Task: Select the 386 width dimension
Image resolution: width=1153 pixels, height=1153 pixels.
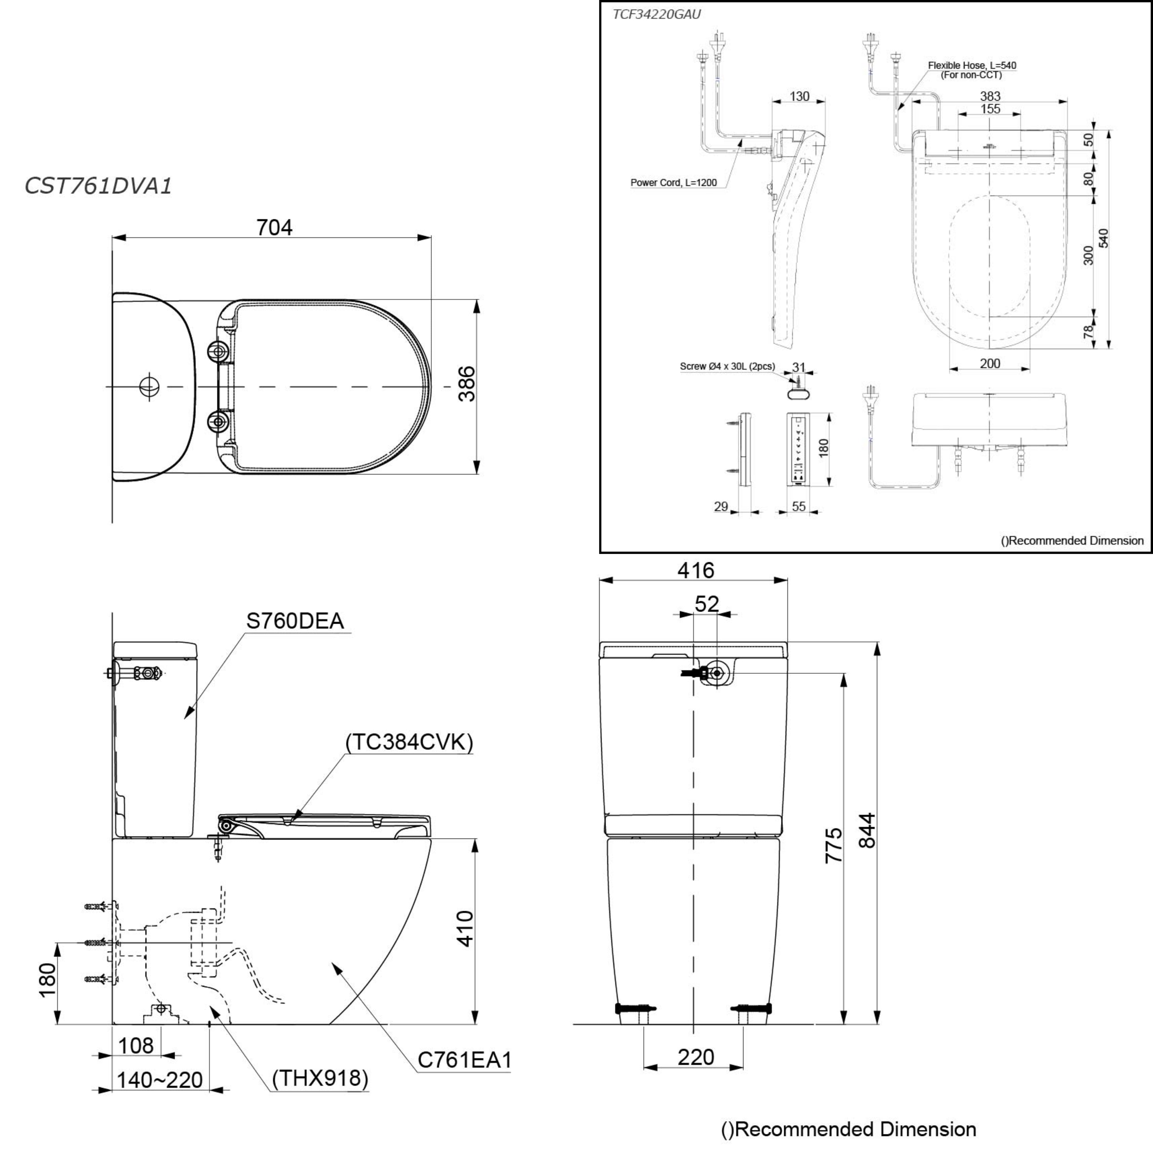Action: coord(467,384)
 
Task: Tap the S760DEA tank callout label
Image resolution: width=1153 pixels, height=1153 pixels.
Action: coord(295,621)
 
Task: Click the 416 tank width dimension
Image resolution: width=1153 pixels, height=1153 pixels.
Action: coord(695,570)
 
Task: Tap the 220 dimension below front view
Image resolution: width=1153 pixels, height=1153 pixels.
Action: coord(695,1057)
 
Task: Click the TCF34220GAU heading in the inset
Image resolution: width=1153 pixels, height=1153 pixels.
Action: coord(656,14)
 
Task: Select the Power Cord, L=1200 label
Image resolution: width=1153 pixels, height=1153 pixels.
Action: coord(673,183)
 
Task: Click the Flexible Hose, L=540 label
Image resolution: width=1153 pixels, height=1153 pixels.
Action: coord(972,66)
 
